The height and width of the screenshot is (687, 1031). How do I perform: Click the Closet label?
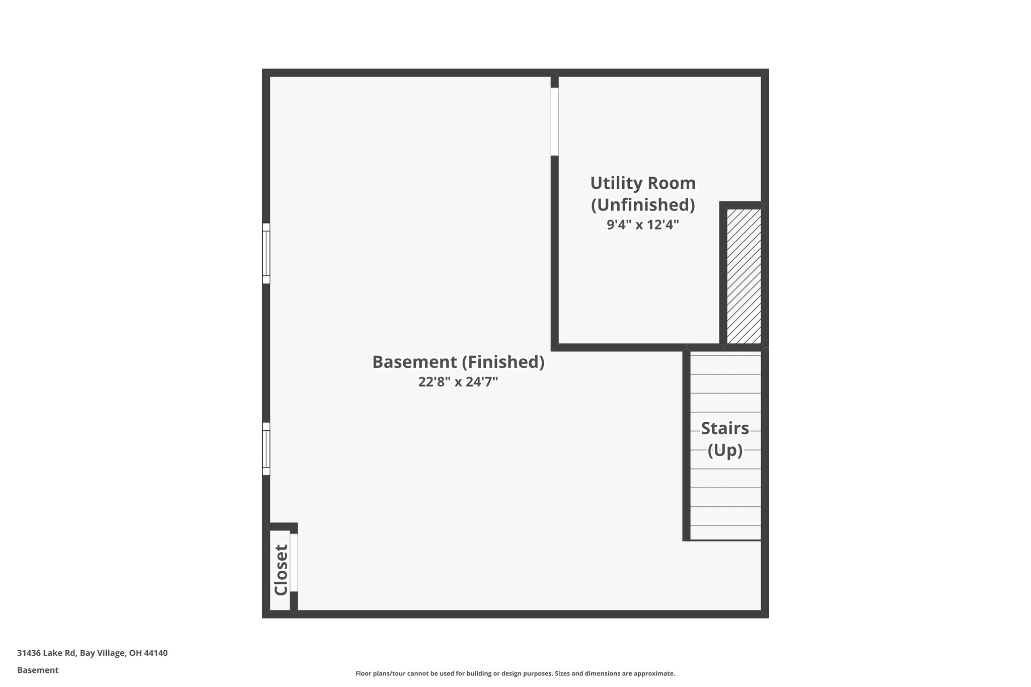click(280, 570)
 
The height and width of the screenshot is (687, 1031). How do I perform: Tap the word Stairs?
click(725, 428)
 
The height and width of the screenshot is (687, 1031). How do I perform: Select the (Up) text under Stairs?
click(725, 450)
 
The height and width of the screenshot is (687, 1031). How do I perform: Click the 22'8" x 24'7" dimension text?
click(458, 382)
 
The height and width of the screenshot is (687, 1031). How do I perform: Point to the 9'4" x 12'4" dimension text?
click(643, 224)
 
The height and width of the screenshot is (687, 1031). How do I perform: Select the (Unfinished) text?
click(643, 205)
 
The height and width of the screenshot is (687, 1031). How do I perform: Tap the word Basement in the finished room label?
click(414, 362)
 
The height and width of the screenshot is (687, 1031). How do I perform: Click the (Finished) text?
click(503, 362)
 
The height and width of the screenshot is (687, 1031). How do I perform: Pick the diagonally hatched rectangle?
click(744, 276)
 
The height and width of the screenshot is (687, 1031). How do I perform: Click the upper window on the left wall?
click(266, 253)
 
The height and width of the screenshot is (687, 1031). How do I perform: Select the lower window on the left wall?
click(266, 449)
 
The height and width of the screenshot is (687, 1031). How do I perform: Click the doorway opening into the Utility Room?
click(554, 122)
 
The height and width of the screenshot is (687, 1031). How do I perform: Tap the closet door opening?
click(294, 562)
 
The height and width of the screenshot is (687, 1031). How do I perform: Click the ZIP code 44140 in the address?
click(156, 653)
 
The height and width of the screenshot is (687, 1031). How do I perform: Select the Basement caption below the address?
click(38, 670)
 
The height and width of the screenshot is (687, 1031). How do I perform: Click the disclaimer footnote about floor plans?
click(515, 673)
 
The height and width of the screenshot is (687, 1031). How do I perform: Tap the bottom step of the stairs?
click(725, 533)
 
